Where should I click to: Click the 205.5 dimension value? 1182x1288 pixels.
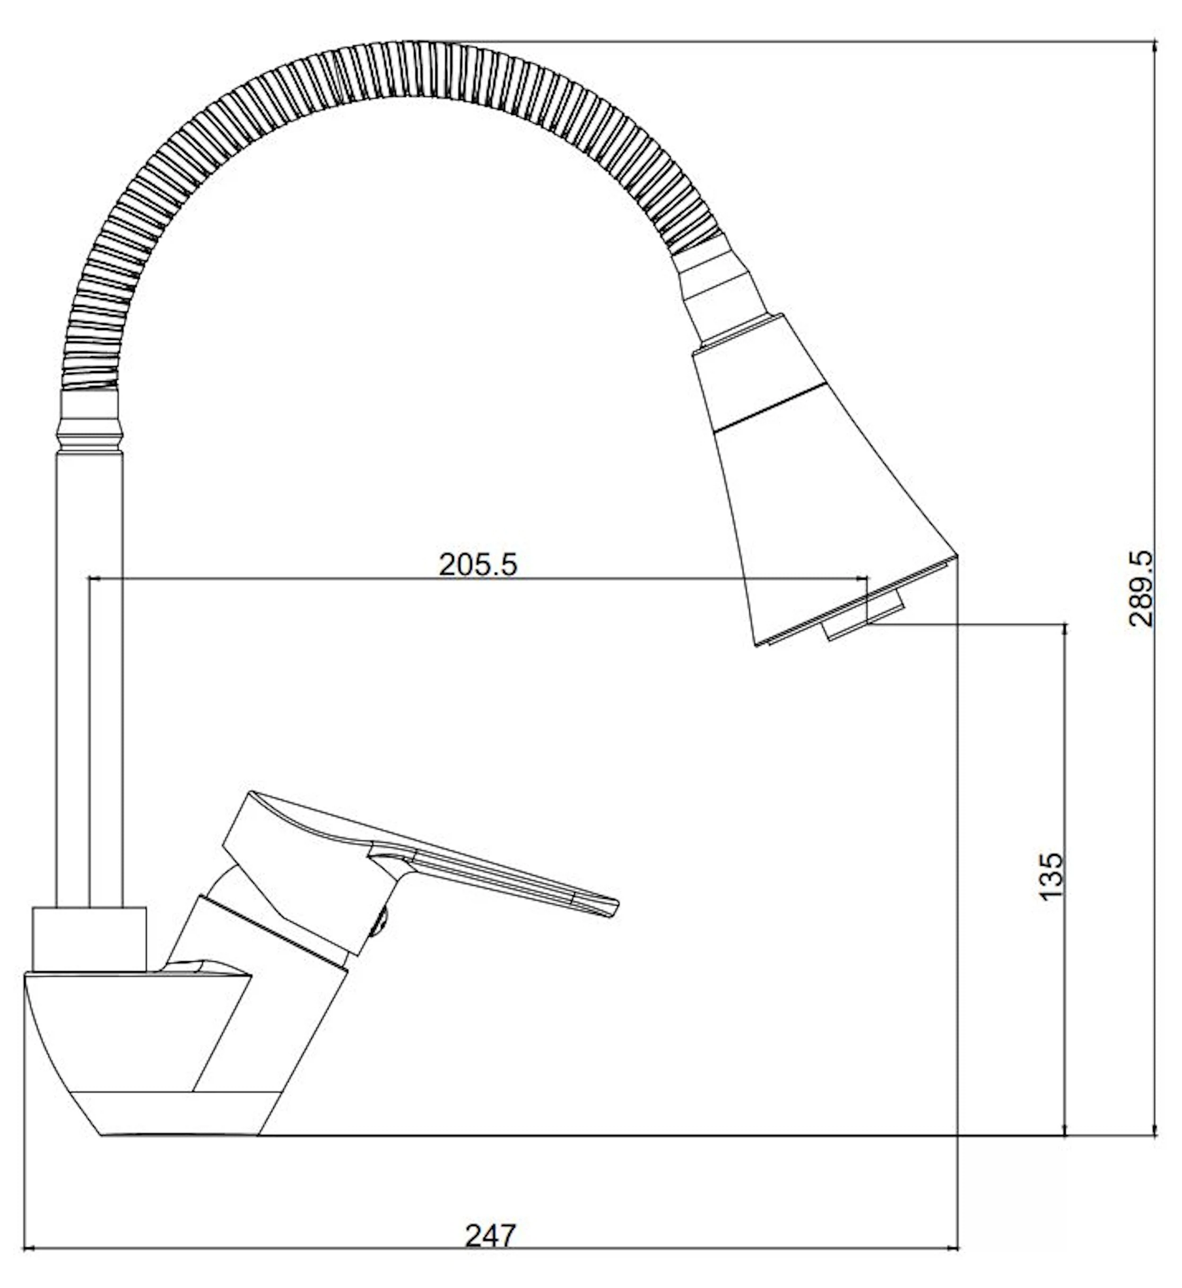point(478,565)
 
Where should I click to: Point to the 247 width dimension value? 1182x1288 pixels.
point(490,1236)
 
